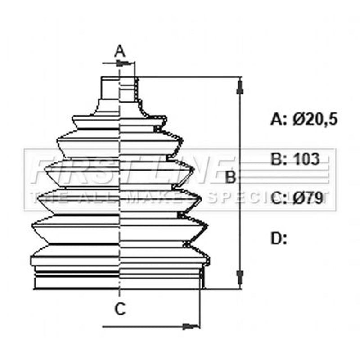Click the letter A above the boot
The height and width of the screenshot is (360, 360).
[x=120, y=51]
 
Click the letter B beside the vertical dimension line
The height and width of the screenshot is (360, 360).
[x=230, y=177]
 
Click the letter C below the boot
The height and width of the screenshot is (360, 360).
[x=120, y=309]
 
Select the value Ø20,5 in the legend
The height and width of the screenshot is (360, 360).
[x=315, y=119]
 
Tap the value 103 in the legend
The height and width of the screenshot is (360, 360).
[x=306, y=159]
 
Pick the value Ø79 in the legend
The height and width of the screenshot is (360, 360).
[x=308, y=198]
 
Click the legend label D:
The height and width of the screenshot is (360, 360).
[x=279, y=238]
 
